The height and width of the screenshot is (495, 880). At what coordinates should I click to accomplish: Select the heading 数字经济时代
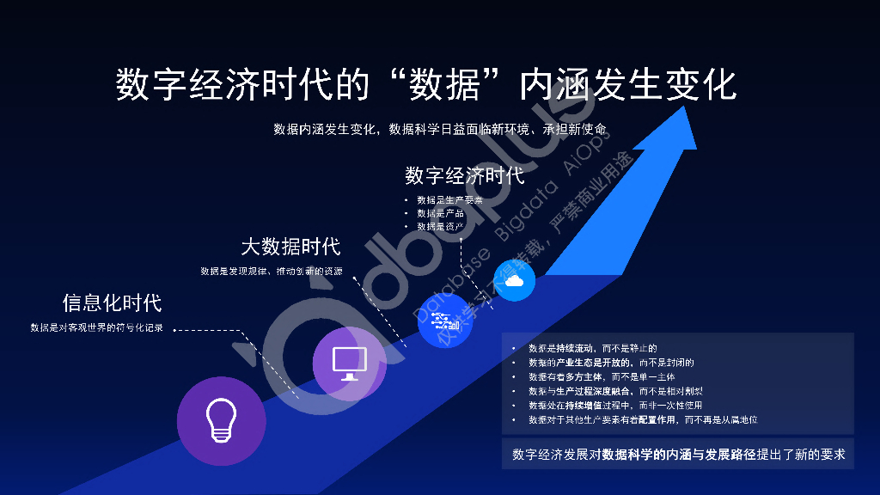(464, 176)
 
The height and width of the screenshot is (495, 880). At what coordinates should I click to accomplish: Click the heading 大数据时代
(290, 247)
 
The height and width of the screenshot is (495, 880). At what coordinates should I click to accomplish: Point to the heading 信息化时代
(112, 302)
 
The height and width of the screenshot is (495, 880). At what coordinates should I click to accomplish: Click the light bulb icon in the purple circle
(221, 420)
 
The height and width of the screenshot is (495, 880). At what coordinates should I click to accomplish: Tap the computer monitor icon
(350, 364)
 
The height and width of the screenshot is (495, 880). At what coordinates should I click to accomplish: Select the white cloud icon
(514, 281)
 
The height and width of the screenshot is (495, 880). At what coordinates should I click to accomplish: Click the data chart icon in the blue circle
(445, 322)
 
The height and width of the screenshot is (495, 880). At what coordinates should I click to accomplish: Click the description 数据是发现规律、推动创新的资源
(272, 272)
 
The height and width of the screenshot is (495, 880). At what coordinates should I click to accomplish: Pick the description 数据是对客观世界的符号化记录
(96, 328)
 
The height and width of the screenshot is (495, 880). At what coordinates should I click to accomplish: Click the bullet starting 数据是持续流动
(592, 349)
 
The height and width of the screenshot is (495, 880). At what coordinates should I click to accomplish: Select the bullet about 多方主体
(602, 377)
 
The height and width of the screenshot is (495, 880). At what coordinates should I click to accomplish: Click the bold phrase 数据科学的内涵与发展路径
(679, 454)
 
